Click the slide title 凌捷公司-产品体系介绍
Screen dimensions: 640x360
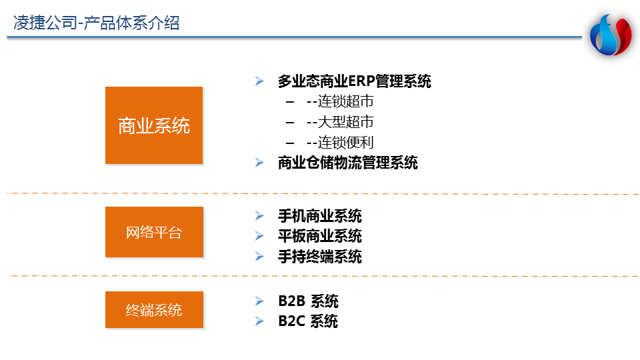click(x=96, y=23)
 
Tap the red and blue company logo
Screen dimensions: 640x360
click(x=611, y=35)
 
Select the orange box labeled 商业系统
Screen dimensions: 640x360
click(x=154, y=125)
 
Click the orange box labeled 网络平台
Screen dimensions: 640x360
click(x=154, y=232)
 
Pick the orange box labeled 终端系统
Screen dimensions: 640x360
click(x=154, y=310)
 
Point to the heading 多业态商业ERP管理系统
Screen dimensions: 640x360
click(x=354, y=81)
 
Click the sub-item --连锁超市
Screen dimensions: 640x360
click(x=340, y=101)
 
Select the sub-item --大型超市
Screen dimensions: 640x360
click(x=340, y=121)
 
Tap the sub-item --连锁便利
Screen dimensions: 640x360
click(x=340, y=143)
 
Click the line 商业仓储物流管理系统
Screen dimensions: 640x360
click(x=348, y=163)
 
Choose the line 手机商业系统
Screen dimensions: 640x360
click(x=319, y=215)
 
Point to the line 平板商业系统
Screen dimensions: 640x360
click(x=319, y=236)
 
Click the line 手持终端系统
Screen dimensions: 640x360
click(x=319, y=256)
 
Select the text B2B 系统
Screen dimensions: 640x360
click(x=308, y=301)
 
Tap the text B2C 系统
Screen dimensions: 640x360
click(x=308, y=321)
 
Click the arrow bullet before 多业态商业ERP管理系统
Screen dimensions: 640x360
click(x=259, y=81)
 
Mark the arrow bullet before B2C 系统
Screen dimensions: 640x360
click(x=259, y=321)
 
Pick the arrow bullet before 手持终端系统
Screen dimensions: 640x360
click(x=259, y=256)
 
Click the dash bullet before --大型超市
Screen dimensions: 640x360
click(x=290, y=122)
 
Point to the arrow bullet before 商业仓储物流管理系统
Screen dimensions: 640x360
click(x=259, y=163)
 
